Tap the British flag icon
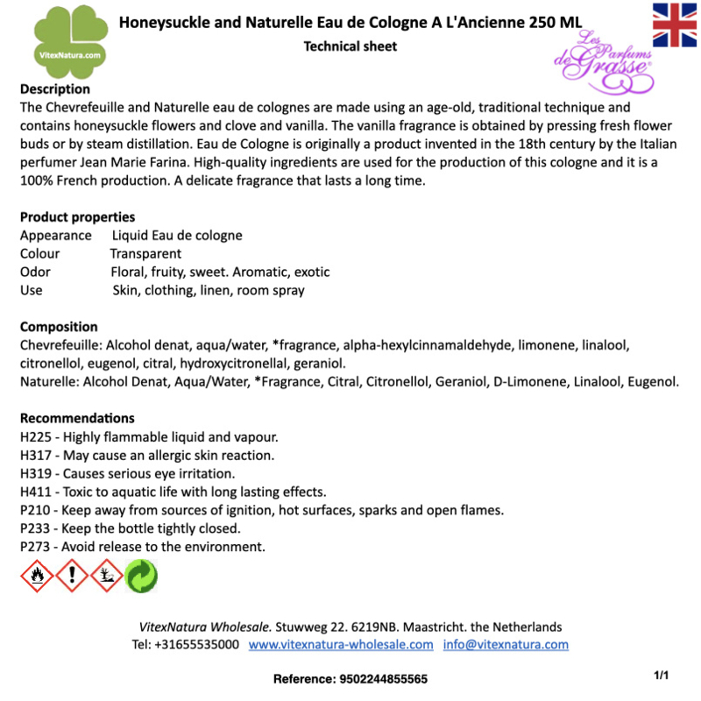point(675,25)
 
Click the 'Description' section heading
point(55,89)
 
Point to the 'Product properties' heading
point(78,216)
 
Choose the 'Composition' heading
point(59,326)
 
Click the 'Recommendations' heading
point(77,418)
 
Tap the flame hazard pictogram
point(36,575)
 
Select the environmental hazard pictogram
point(106,575)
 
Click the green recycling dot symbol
point(140,575)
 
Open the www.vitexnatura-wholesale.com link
point(341,645)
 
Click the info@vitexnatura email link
point(506,645)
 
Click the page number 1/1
point(662,676)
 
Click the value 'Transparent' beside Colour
point(145,254)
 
